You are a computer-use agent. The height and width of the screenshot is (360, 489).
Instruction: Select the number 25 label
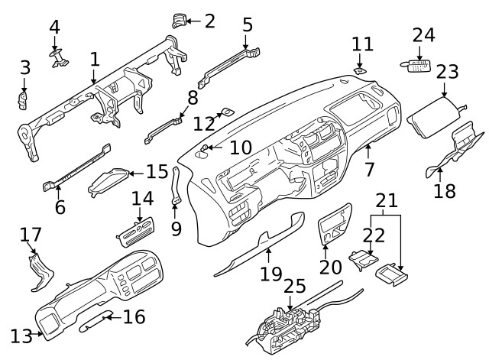coord(294,287)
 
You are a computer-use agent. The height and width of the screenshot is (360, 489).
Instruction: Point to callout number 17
coord(31,234)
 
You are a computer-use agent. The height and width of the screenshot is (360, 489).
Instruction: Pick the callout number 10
coord(240,147)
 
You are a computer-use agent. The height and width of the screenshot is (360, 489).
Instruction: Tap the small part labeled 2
coord(180,21)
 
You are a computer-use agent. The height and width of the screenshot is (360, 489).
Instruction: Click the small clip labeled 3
coord(24,99)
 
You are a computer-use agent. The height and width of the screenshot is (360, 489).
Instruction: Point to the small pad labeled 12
coord(226,114)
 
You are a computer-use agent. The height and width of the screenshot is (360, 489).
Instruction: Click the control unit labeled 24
coord(416,66)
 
